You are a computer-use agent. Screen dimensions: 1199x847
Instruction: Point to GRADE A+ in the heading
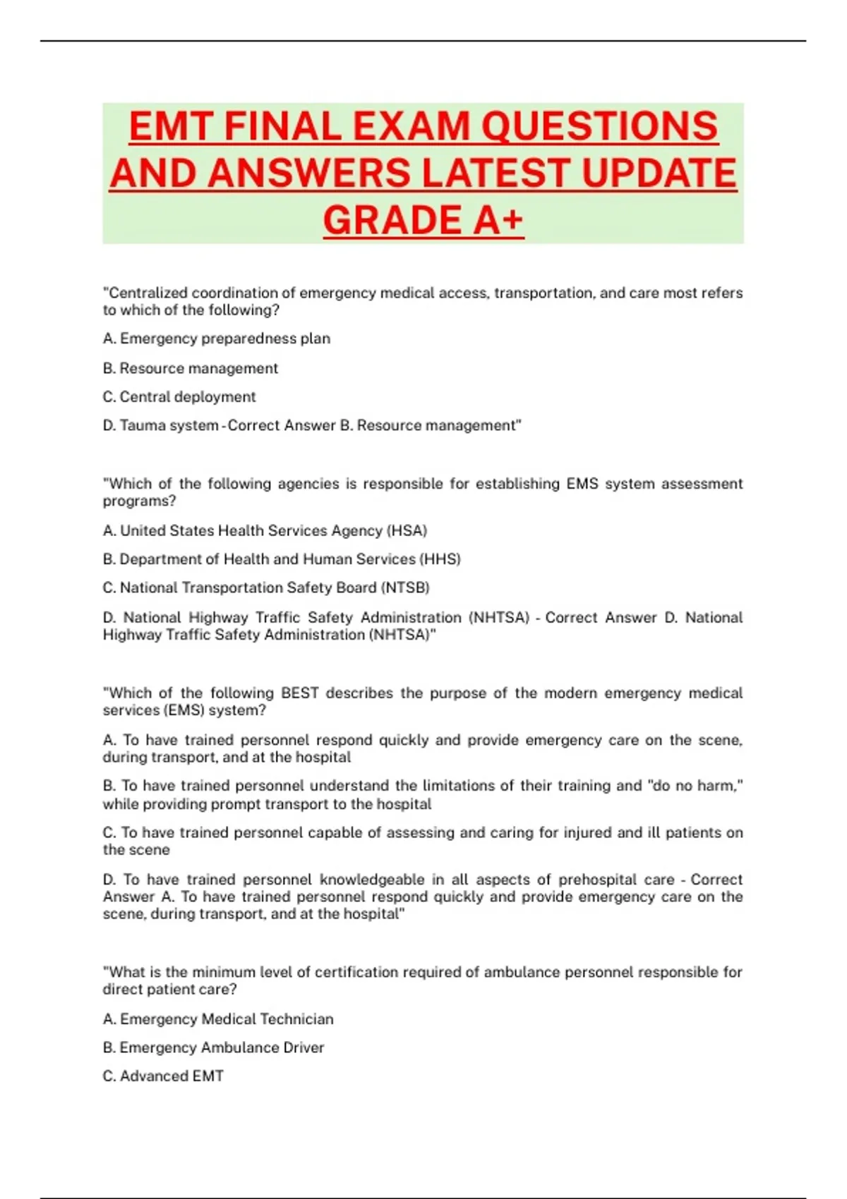pyautogui.click(x=423, y=220)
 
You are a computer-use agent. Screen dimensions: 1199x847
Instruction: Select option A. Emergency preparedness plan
pyautogui.click(x=216, y=339)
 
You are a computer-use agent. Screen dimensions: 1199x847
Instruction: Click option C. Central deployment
pyautogui.click(x=179, y=397)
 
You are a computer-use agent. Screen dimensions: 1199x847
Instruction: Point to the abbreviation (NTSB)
pyautogui.click(x=405, y=588)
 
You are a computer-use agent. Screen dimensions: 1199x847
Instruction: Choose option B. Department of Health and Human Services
pyautogui.click(x=281, y=559)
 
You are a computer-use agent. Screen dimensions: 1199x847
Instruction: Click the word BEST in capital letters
pyautogui.click(x=299, y=693)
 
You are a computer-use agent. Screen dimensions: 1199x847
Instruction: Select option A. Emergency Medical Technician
pyautogui.click(x=218, y=1019)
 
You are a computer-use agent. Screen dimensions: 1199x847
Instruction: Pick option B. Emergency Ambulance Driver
pyautogui.click(x=213, y=1048)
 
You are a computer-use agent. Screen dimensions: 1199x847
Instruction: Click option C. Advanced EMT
pyautogui.click(x=163, y=1076)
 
